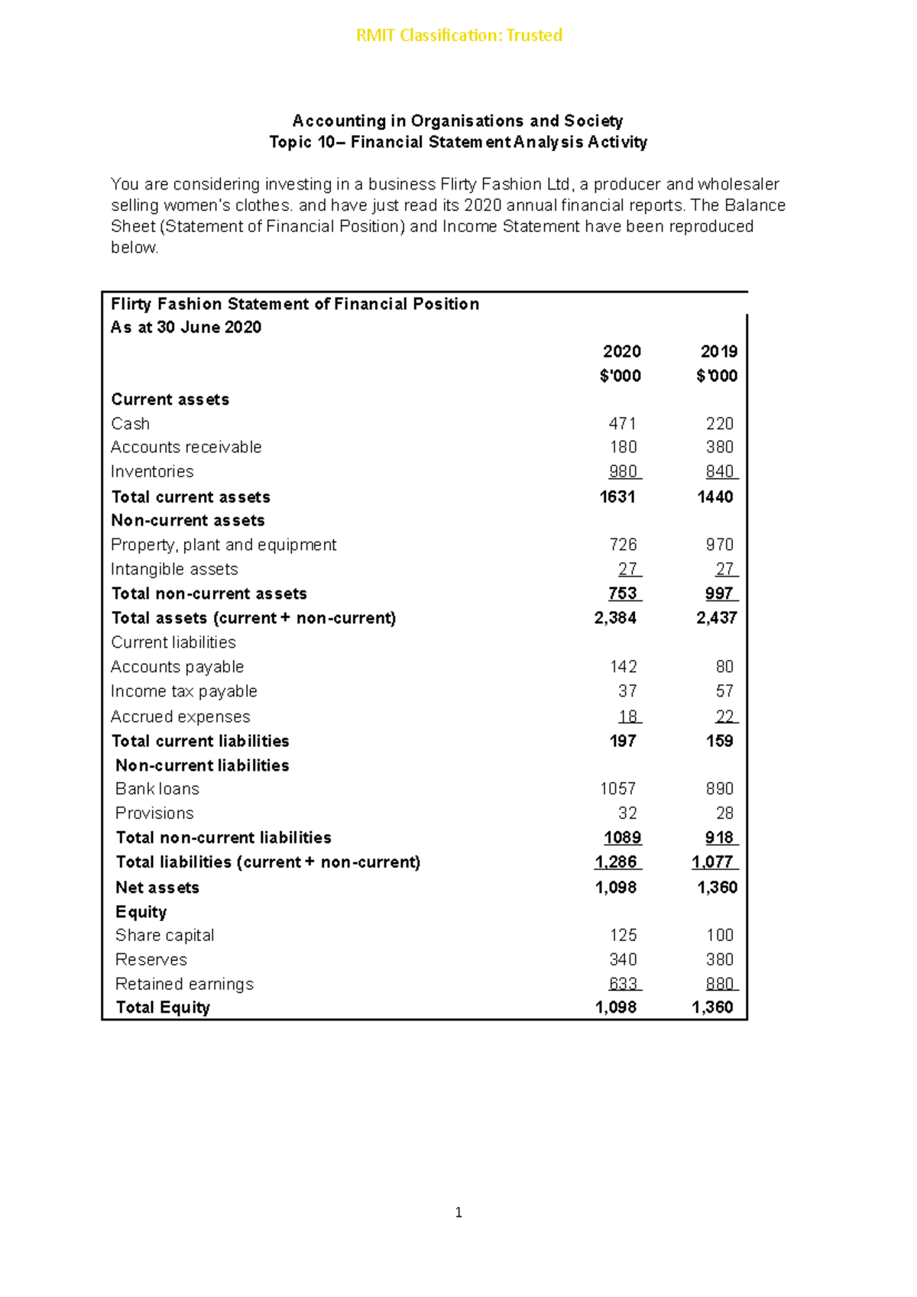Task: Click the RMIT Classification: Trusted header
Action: [x=458, y=35]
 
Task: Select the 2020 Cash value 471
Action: [x=622, y=423]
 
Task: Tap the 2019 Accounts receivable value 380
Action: [x=719, y=447]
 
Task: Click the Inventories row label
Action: [x=152, y=471]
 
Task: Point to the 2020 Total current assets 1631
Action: [x=617, y=496]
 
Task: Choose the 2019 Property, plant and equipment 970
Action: [x=719, y=545]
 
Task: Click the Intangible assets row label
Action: [x=174, y=569]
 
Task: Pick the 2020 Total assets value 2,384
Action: [x=615, y=617]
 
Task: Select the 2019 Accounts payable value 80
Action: [x=724, y=667]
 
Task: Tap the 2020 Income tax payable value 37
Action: [x=627, y=691]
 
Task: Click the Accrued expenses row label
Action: [x=180, y=716]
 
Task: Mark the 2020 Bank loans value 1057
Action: [x=617, y=788]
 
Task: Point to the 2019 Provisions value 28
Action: [x=724, y=813]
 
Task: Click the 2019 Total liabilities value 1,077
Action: [x=712, y=862]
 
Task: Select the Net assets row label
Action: [x=157, y=888]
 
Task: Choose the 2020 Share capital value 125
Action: [x=623, y=935]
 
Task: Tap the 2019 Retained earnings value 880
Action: [x=719, y=984]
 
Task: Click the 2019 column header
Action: [x=718, y=351]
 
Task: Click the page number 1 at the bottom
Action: [x=458, y=1212]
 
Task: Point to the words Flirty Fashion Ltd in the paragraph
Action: [x=505, y=184]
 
